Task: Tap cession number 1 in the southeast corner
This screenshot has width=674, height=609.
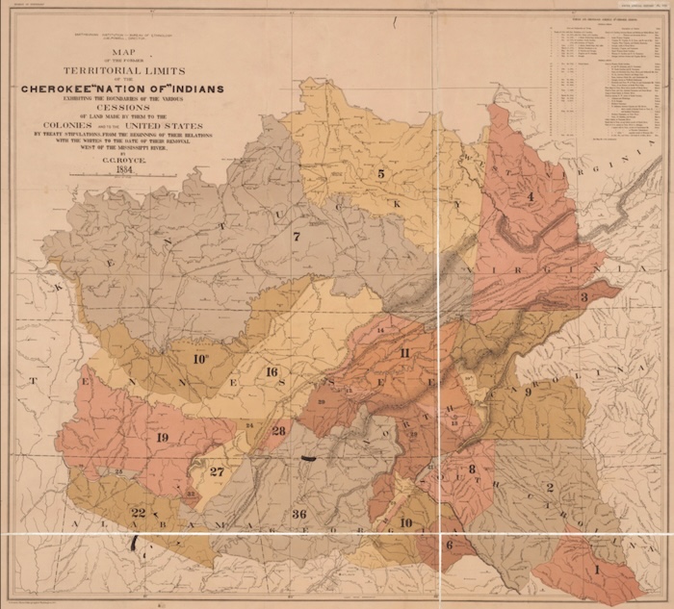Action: coord(596,570)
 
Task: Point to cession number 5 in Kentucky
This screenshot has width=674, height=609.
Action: coord(381,174)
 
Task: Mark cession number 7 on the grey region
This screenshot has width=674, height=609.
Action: coord(297,236)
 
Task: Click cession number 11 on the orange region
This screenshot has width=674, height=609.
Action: coord(404,353)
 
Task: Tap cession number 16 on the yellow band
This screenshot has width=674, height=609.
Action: coord(272,371)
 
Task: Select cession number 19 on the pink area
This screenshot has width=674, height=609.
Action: coord(162,438)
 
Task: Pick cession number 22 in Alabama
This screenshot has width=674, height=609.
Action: coord(139,512)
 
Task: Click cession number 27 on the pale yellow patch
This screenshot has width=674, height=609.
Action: coord(217,471)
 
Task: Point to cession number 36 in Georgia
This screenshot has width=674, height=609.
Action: coord(298,515)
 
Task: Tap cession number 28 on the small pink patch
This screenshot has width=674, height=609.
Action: coord(278,430)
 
